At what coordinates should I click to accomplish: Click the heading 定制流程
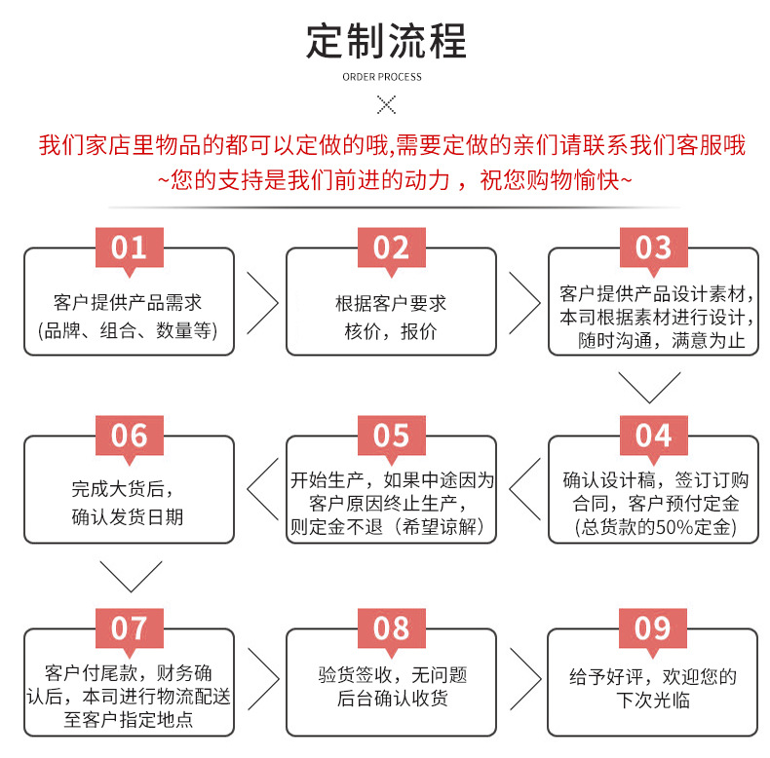tap(386, 41)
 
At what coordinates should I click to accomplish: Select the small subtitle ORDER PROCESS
tap(386, 77)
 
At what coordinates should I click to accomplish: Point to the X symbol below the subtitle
tap(386, 105)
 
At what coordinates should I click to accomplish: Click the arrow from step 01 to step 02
tap(260, 302)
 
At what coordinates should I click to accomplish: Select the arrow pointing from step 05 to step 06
tap(260, 489)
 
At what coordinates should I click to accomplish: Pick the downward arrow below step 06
tap(129, 576)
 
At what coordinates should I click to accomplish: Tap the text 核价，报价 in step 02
tap(391, 331)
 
